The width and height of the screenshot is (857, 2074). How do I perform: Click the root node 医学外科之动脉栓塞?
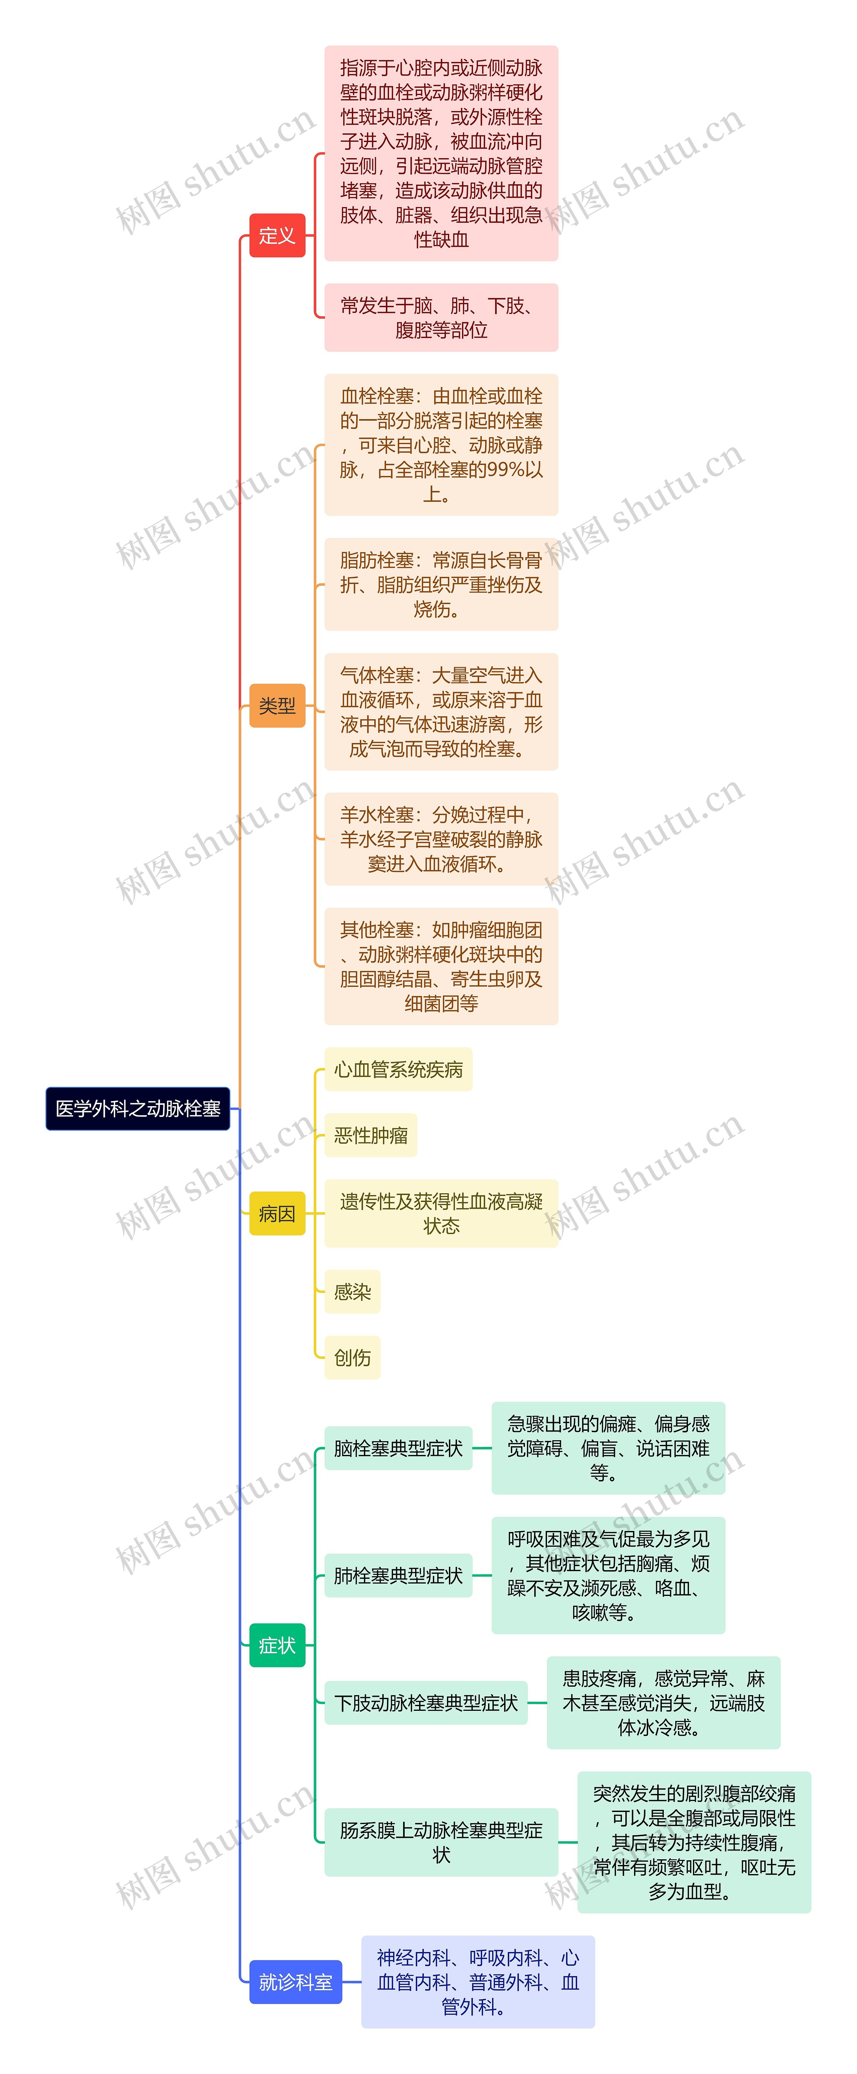pos(138,1109)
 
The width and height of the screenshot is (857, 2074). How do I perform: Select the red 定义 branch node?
pos(277,235)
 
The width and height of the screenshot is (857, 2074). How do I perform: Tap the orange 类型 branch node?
pos(277,705)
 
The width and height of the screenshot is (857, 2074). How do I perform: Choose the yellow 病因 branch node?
pos(277,1213)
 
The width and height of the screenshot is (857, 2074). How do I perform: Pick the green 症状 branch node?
pos(277,1645)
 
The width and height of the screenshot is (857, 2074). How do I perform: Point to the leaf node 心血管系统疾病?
pos(398,1069)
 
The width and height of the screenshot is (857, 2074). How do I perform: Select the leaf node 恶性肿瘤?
pos(371,1135)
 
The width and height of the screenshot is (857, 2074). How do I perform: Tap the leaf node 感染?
pos(353,1291)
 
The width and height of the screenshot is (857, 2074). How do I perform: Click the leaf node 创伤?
pos(353,1357)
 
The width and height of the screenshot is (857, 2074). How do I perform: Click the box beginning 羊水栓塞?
pos(441,839)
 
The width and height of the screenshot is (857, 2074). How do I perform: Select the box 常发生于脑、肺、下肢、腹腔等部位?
pos(441,317)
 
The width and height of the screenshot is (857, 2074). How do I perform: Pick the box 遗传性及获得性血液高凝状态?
pos(441,1213)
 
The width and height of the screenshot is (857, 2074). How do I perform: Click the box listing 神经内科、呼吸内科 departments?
pos(478,1982)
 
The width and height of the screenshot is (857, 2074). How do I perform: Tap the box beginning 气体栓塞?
pos(441,712)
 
